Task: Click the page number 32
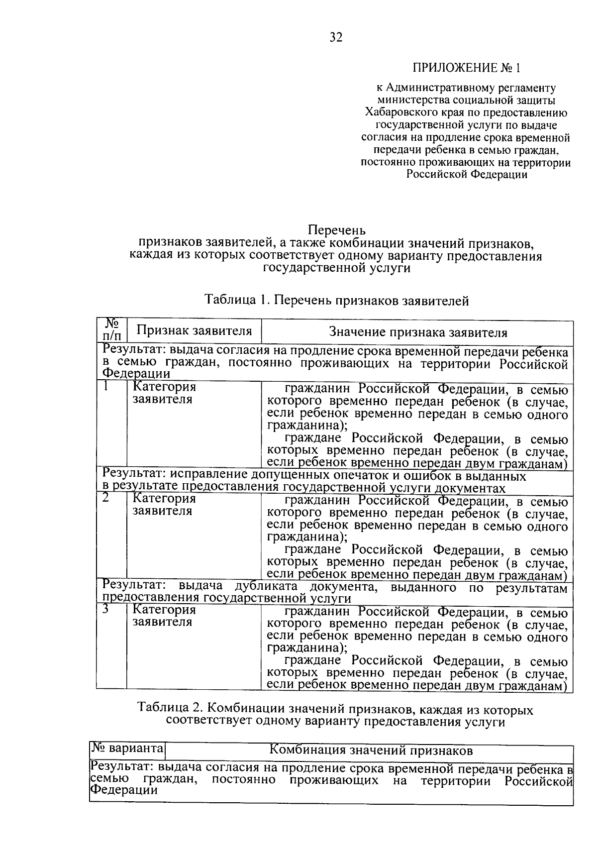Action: [x=336, y=37]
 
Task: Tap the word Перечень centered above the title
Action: [x=337, y=230]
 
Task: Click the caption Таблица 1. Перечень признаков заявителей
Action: [x=337, y=300]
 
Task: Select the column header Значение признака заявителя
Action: [x=418, y=332]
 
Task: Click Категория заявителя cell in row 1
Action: [x=164, y=393]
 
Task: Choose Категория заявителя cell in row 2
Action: [x=164, y=505]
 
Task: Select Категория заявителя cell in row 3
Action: [x=164, y=616]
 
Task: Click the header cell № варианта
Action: [x=127, y=749]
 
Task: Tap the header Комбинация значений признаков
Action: [x=371, y=750]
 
